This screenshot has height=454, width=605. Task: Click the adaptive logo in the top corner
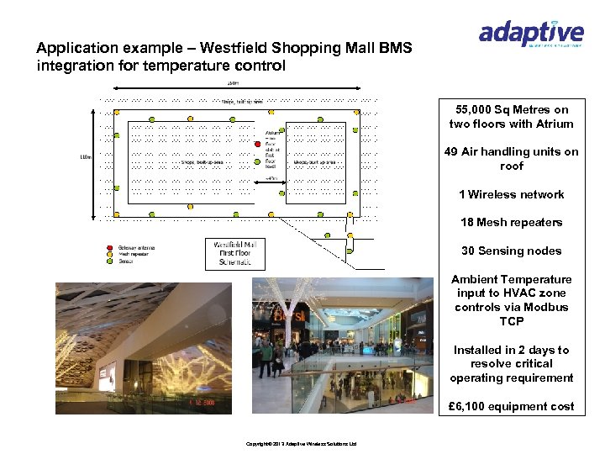click(530, 34)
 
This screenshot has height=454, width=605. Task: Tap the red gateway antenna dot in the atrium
click(258, 143)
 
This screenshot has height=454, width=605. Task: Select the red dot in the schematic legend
click(109, 248)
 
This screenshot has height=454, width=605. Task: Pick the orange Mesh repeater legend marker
click(109, 255)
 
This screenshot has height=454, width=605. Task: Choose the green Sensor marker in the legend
click(109, 261)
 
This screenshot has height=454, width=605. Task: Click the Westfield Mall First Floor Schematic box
click(235, 253)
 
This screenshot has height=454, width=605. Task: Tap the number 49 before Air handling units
click(453, 152)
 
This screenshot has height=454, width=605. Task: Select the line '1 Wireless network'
click(511, 194)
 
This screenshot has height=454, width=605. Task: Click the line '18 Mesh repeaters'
click(511, 223)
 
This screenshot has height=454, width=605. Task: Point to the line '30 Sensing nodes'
click(511, 251)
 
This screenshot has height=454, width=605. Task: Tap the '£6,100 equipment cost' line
click(511, 406)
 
